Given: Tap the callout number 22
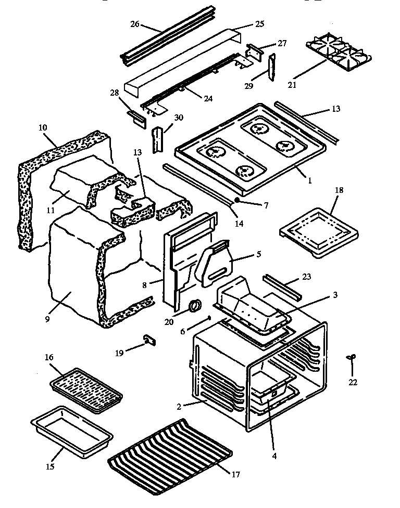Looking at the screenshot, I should (x=353, y=382).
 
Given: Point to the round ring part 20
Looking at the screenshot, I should (x=195, y=306).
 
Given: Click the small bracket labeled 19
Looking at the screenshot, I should (x=149, y=340).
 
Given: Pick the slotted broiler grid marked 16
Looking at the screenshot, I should (x=86, y=391).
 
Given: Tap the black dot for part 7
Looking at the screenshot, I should (x=237, y=199).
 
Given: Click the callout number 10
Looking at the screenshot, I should (x=43, y=127).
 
